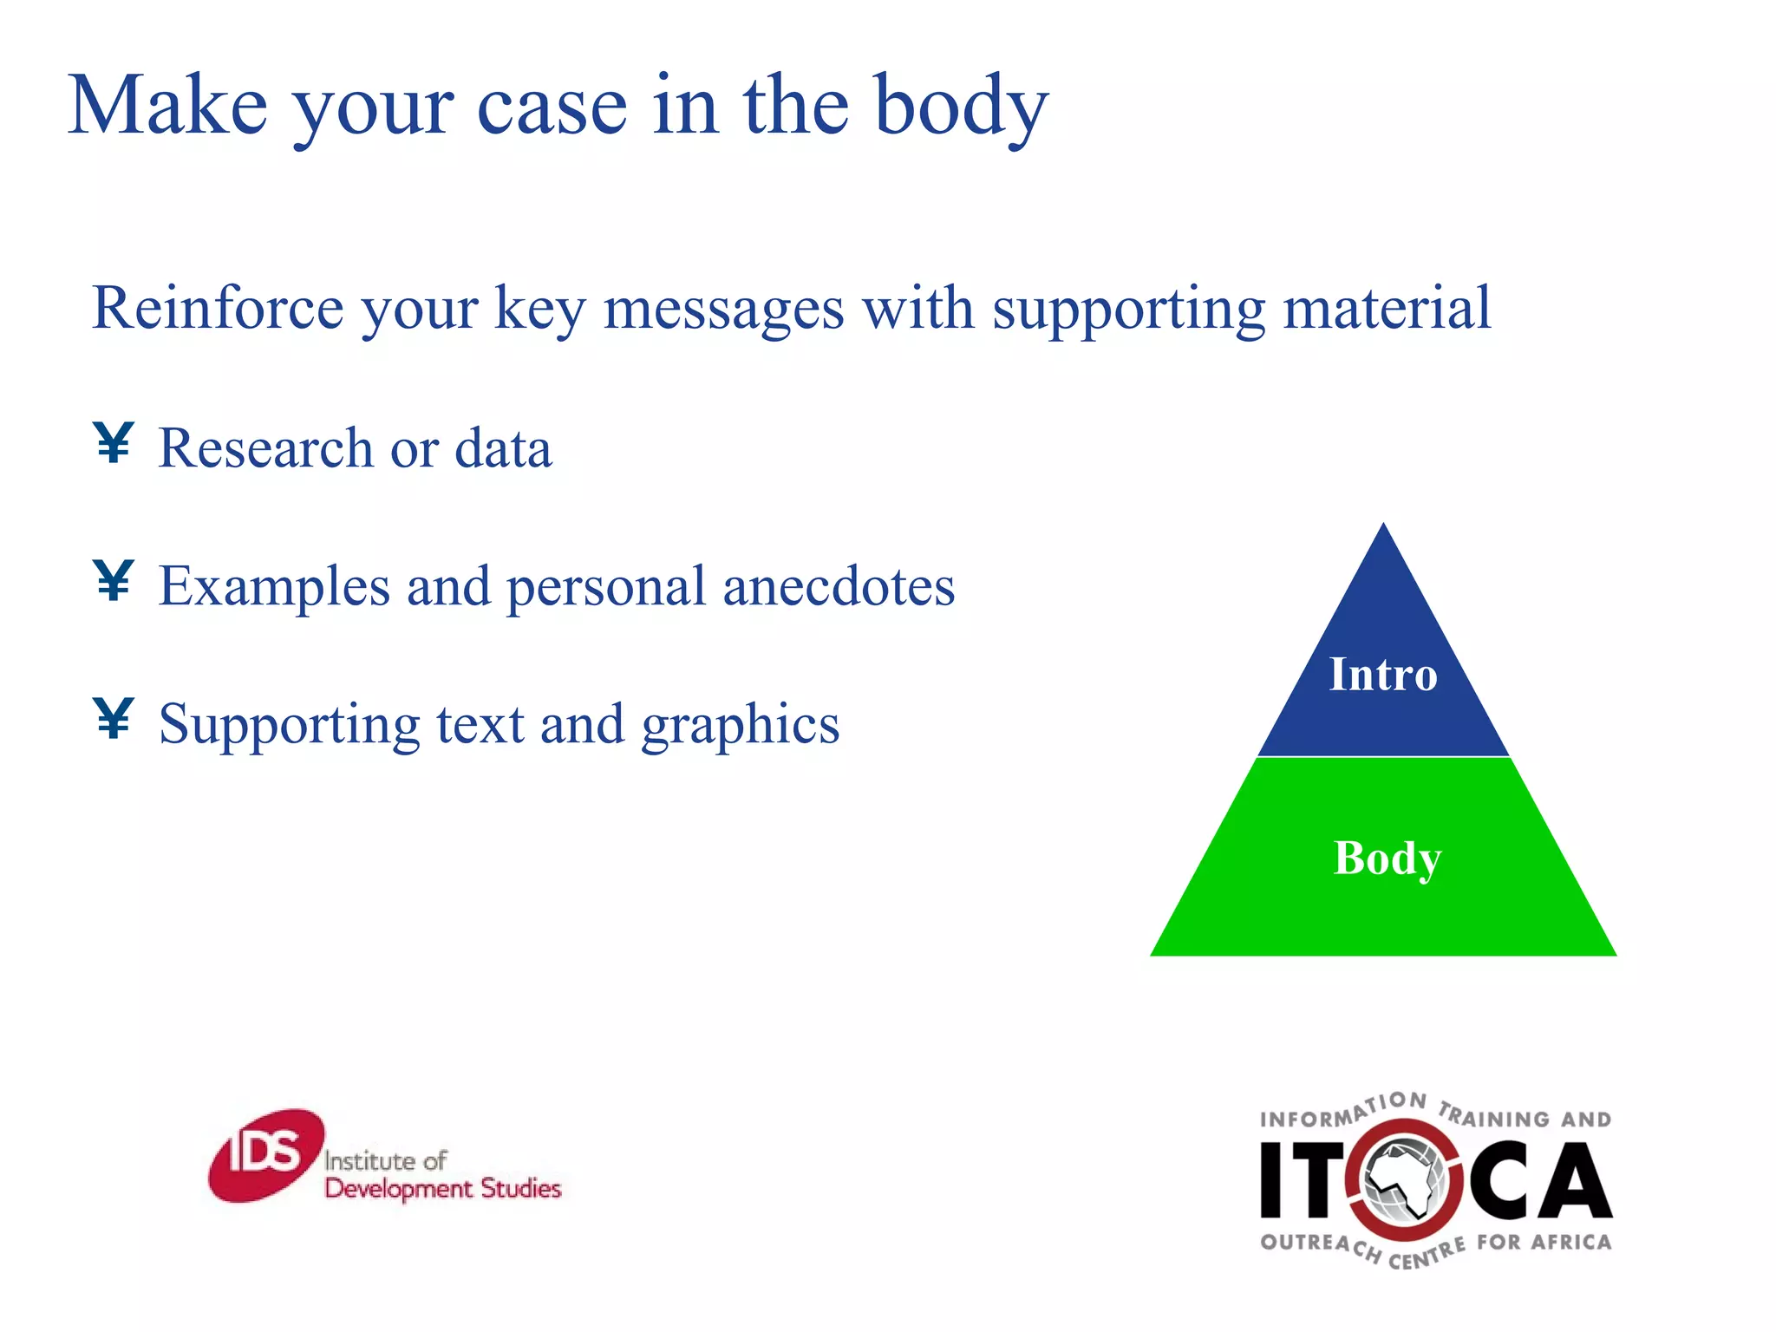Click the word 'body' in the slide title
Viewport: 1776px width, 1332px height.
pyautogui.click(x=961, y=108)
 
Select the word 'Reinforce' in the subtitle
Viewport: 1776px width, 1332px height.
pyautogui.click(x=218, y=308)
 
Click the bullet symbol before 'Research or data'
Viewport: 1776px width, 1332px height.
pyautogui.click(x=114, y=443)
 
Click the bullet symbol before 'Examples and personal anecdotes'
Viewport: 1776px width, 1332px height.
pyautogui.click(x=114, y=581)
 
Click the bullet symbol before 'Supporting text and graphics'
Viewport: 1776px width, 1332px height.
pyautogui.click(x=114, y=719)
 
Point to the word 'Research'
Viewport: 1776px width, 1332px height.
pyautogui.click(x=265, y=448)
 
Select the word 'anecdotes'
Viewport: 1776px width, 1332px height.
pyautogui.click(x=839, y=586)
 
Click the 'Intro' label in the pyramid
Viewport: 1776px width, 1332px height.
pyautogui.click(x=1383, y=675)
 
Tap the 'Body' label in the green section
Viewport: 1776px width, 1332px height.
pyautogui.click(x=1387, y=859)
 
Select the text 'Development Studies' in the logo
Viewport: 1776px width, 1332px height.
pyautogui.click(x=442, y=1188)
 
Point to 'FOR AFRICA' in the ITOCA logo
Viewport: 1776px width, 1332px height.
pyautogui.click(x=1544, y=1243)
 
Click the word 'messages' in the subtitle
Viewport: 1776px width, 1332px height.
pyautogui.click(x=723, y=308)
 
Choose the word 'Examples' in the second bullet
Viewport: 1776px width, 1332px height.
pyautogui.click(x=274, y=586)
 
